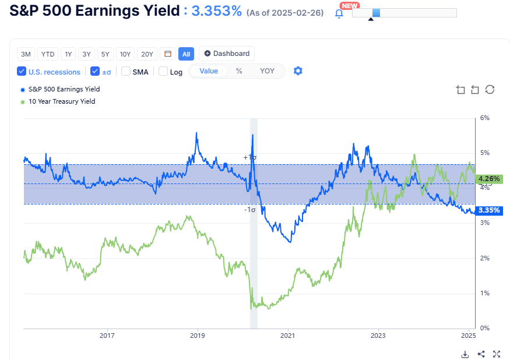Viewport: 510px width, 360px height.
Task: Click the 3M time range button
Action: pos(26,54)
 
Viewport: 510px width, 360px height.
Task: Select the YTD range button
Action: pos(48,54)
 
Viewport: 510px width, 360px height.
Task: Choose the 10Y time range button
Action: pos(125,54)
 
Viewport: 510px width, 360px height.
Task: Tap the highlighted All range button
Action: pos(186,54)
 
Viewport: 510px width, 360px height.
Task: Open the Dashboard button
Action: pos(227,54)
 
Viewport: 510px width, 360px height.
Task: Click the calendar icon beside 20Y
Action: pos(168,54)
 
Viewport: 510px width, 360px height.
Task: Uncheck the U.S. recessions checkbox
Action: pos(22,72)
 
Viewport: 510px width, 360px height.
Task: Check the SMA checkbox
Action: pos(126,72)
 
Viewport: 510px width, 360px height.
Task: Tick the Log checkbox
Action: pos(163,72)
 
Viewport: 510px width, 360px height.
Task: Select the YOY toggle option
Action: pos(267,71)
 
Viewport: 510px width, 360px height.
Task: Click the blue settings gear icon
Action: pos(298,71)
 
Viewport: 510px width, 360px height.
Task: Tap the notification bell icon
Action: pos(339,13)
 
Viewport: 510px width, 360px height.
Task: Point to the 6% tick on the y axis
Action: pos(484,118)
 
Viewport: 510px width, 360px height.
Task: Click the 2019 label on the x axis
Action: pos(198,336)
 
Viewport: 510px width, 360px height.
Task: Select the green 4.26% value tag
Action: pos(488,179)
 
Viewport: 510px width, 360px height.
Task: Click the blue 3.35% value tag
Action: pos(488,210)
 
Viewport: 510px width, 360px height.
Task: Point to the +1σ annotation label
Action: pos(249,157)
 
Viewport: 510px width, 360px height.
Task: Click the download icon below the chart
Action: pos(465,354)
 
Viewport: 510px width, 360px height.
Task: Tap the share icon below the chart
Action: pos(481,354)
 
